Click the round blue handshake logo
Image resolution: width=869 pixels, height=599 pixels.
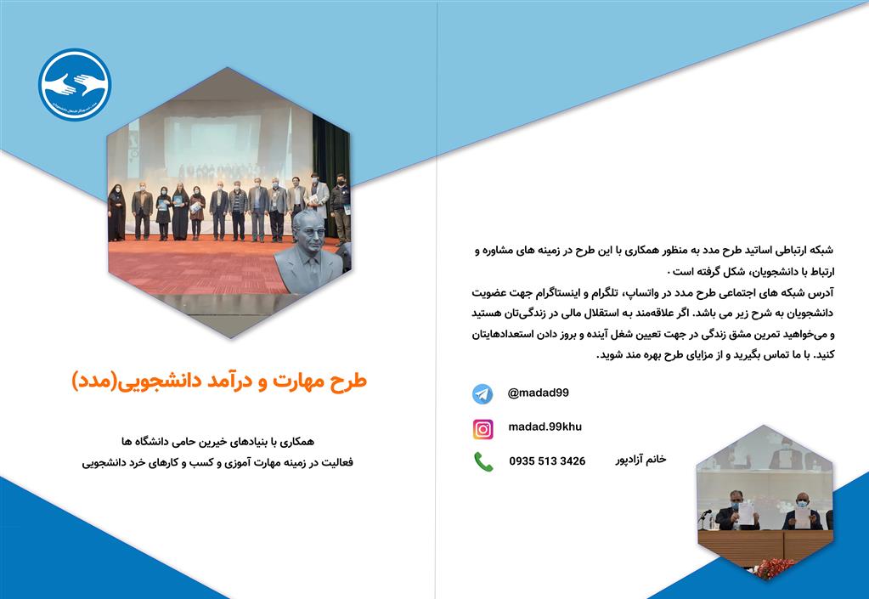75,84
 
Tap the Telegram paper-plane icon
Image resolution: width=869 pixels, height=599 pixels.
482,394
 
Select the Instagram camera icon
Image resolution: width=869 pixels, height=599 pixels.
482,429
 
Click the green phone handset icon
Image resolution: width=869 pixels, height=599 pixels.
483,461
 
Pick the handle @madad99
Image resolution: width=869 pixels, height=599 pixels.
539,393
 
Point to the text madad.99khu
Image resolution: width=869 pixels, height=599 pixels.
545,427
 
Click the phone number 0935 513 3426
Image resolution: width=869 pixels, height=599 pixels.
547,461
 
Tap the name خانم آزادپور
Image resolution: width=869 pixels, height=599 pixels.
640,460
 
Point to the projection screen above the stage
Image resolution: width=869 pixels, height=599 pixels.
212,139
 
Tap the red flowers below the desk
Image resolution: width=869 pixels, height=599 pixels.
774,568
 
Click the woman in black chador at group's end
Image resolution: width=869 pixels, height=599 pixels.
116,212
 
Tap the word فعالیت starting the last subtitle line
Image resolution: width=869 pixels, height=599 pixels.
338,462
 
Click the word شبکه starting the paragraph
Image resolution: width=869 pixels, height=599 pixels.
821,251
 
